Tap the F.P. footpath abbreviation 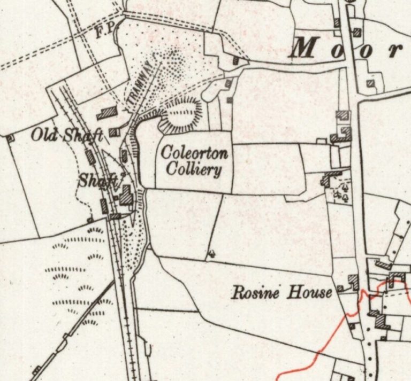click(x=105, y=31)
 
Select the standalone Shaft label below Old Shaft click(x=98, y=181)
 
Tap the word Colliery click(x=194, y=170)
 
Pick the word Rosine click(x=256, y=292)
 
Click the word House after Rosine click(x=310, y=292)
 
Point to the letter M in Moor click(x=303, y=50)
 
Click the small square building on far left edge click(x=10, y=137)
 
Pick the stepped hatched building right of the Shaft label click(x=126, y=195)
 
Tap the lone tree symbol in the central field click(x=212, y=253)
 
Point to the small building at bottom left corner click(x=36, y=370)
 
